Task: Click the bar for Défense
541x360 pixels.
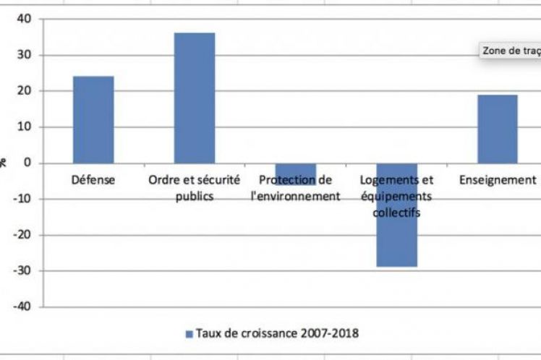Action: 93,119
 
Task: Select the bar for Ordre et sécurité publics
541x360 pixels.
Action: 194,98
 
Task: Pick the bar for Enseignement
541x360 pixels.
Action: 498,129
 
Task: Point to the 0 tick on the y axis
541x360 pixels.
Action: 27,163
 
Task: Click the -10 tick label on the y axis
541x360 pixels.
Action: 21,199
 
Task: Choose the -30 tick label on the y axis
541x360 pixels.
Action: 21,270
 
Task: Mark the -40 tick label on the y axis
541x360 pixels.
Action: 21,307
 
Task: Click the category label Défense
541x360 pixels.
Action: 93,180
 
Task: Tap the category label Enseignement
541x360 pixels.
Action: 498,180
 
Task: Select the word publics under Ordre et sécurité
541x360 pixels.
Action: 194,196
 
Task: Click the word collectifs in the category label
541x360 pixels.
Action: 396,212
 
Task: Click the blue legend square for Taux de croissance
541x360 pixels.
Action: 190,333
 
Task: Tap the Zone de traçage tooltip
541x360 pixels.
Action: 511,51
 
